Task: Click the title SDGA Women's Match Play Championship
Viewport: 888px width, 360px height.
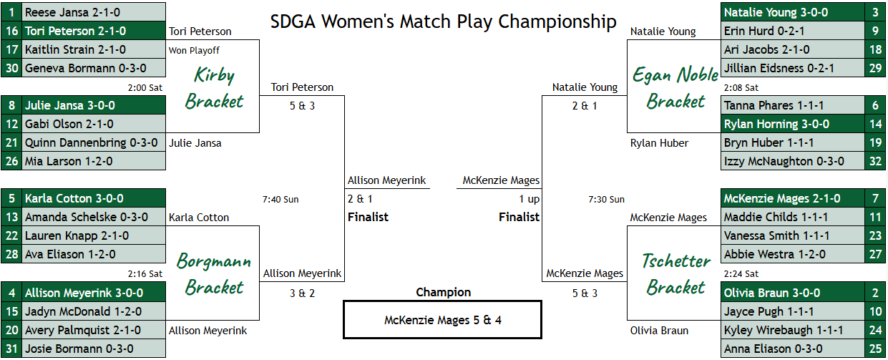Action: (x=443, y=21)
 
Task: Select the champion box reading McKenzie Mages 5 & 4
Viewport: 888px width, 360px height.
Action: (x=442, y=319)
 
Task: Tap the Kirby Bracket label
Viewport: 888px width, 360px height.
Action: (x=214, y=88)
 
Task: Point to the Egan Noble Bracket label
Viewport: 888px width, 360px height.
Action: (x=675, y=88)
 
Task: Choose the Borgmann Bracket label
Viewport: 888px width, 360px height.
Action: (x=214, y=274)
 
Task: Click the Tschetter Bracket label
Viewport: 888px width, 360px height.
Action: (x=676, y=274)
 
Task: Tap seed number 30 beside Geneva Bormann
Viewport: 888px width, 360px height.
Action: (x=12, y=68)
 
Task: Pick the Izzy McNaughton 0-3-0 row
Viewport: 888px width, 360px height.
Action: (x=792, y=161)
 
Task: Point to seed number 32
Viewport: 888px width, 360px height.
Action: (x=875, y=161)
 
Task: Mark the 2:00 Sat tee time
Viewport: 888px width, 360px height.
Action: (x=145, y=87)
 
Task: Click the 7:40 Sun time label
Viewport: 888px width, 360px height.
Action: (x=280, y=200)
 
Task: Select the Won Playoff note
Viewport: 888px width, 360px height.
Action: (x=194, y=50)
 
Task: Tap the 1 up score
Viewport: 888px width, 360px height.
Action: (x=530, y=199)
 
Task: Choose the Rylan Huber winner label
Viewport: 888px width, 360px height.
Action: (x=659, y=143)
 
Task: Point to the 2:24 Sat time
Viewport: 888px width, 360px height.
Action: (x=741, y=274)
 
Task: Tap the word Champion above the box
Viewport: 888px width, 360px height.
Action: (x=443, y=292)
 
